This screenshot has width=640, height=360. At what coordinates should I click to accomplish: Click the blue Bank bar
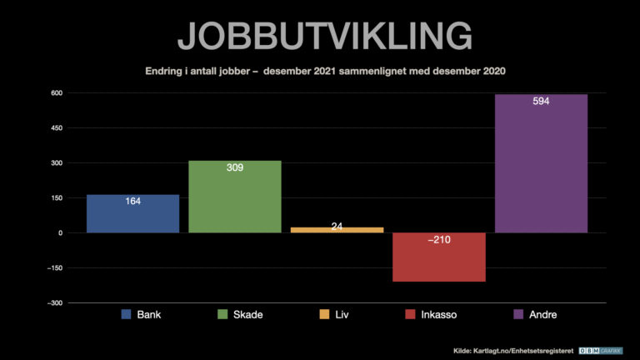tap(132, 215)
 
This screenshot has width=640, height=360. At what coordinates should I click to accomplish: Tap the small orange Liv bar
tap(337, 229)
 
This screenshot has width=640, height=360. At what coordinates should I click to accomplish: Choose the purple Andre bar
tap(541, 167)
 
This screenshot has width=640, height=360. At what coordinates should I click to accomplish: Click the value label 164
tap(132, 201)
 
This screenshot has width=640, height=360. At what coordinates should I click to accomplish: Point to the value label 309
tap(235, 167)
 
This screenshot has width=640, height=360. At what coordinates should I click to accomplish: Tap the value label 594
tap(541, 102)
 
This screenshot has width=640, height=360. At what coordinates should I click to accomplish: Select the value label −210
tap(439, 240)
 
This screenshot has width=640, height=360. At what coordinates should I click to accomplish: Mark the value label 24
tap(337, 226)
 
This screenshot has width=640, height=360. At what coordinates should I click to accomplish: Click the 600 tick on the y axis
tap(56, 92)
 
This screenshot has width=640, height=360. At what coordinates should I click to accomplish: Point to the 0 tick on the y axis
tap(60, 232)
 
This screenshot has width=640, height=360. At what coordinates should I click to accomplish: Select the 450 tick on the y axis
tap(56, 127)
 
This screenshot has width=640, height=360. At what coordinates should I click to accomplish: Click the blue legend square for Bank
tap(127, 315)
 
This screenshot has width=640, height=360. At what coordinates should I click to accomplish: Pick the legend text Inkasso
tap(440, 315)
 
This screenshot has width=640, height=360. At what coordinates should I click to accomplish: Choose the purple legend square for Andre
tap(517, 315)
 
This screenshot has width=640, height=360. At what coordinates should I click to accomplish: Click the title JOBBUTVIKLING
tap(325, 36)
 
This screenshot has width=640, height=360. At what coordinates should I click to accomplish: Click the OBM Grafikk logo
tap(602, 351)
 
